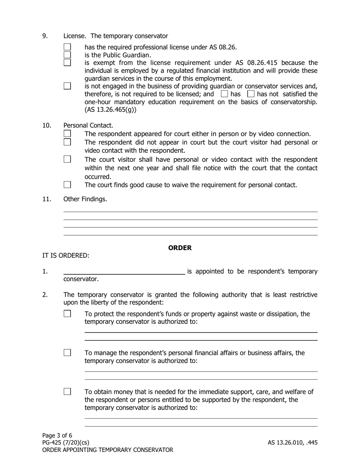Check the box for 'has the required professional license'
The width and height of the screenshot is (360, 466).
pos(67,47)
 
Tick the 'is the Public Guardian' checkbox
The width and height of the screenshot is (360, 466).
pos(67,55)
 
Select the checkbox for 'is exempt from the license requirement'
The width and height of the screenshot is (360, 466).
pos(67,63)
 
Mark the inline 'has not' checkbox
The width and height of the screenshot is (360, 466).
pos(251,94)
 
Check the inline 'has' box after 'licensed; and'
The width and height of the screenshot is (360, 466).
pos(224,94)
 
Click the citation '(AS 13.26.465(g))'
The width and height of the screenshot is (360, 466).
pos(110,110)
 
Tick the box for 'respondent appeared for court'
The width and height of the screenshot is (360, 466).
pos(67,134)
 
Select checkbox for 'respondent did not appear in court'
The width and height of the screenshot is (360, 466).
pos(67,142)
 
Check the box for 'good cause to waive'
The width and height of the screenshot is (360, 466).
pos(67,185)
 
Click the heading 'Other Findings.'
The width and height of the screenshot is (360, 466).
pos(85,199)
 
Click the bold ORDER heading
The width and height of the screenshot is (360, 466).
pos(180,248)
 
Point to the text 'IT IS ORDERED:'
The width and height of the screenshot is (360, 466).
pos(66,255)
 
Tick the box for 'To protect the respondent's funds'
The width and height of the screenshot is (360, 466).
pos(67,314)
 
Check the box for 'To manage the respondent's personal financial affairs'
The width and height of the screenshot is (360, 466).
pos(67,353)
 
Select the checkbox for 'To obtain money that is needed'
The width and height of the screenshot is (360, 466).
pos(67,391)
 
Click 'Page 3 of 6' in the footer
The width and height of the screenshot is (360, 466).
pos(57,435)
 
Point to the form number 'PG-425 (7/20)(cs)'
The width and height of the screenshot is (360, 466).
pos(66,443)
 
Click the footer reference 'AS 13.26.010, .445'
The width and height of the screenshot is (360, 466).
pos(293,443)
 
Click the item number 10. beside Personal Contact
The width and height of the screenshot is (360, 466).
pos(46,125)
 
